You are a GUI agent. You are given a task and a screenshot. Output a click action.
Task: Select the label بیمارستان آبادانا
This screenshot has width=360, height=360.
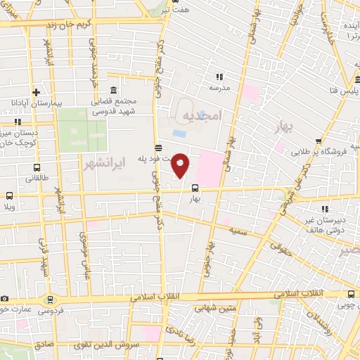tap(33, 103)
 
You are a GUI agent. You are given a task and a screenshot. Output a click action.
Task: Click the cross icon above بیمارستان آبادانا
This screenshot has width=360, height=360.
tap(35, 91)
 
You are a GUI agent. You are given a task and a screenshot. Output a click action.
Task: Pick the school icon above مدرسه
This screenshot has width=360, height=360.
tap(219, 77)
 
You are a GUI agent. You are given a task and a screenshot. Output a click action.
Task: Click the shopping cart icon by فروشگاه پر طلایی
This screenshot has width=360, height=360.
tap(319, 141)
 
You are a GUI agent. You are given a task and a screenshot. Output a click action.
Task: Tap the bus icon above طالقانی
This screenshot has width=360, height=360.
tap(36, 168)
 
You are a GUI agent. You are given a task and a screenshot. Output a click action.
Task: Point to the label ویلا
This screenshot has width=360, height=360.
tap(10, 207)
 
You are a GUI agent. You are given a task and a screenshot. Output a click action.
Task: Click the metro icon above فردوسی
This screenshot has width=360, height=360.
tap(49, 299)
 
